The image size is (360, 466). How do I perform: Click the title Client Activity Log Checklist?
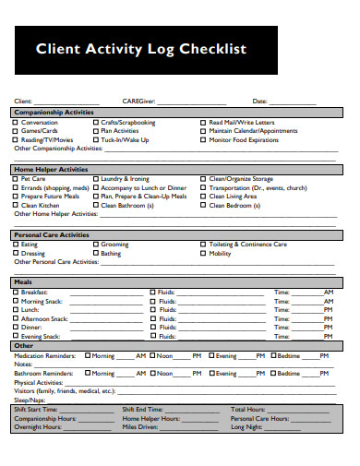(140, 50)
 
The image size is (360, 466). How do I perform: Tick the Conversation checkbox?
(15, 123)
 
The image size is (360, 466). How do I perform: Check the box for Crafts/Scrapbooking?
(96, 123)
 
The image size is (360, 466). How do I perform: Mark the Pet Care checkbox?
(15, 179)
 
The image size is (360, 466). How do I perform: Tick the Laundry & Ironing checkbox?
(96, 179)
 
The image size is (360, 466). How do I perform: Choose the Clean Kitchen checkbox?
(15, 204)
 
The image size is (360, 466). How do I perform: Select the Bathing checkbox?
(96, 253)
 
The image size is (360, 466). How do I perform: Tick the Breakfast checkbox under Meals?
(15, 292)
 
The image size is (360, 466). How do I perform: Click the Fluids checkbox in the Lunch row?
(152, 309)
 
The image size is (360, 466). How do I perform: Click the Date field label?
(260, 101)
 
